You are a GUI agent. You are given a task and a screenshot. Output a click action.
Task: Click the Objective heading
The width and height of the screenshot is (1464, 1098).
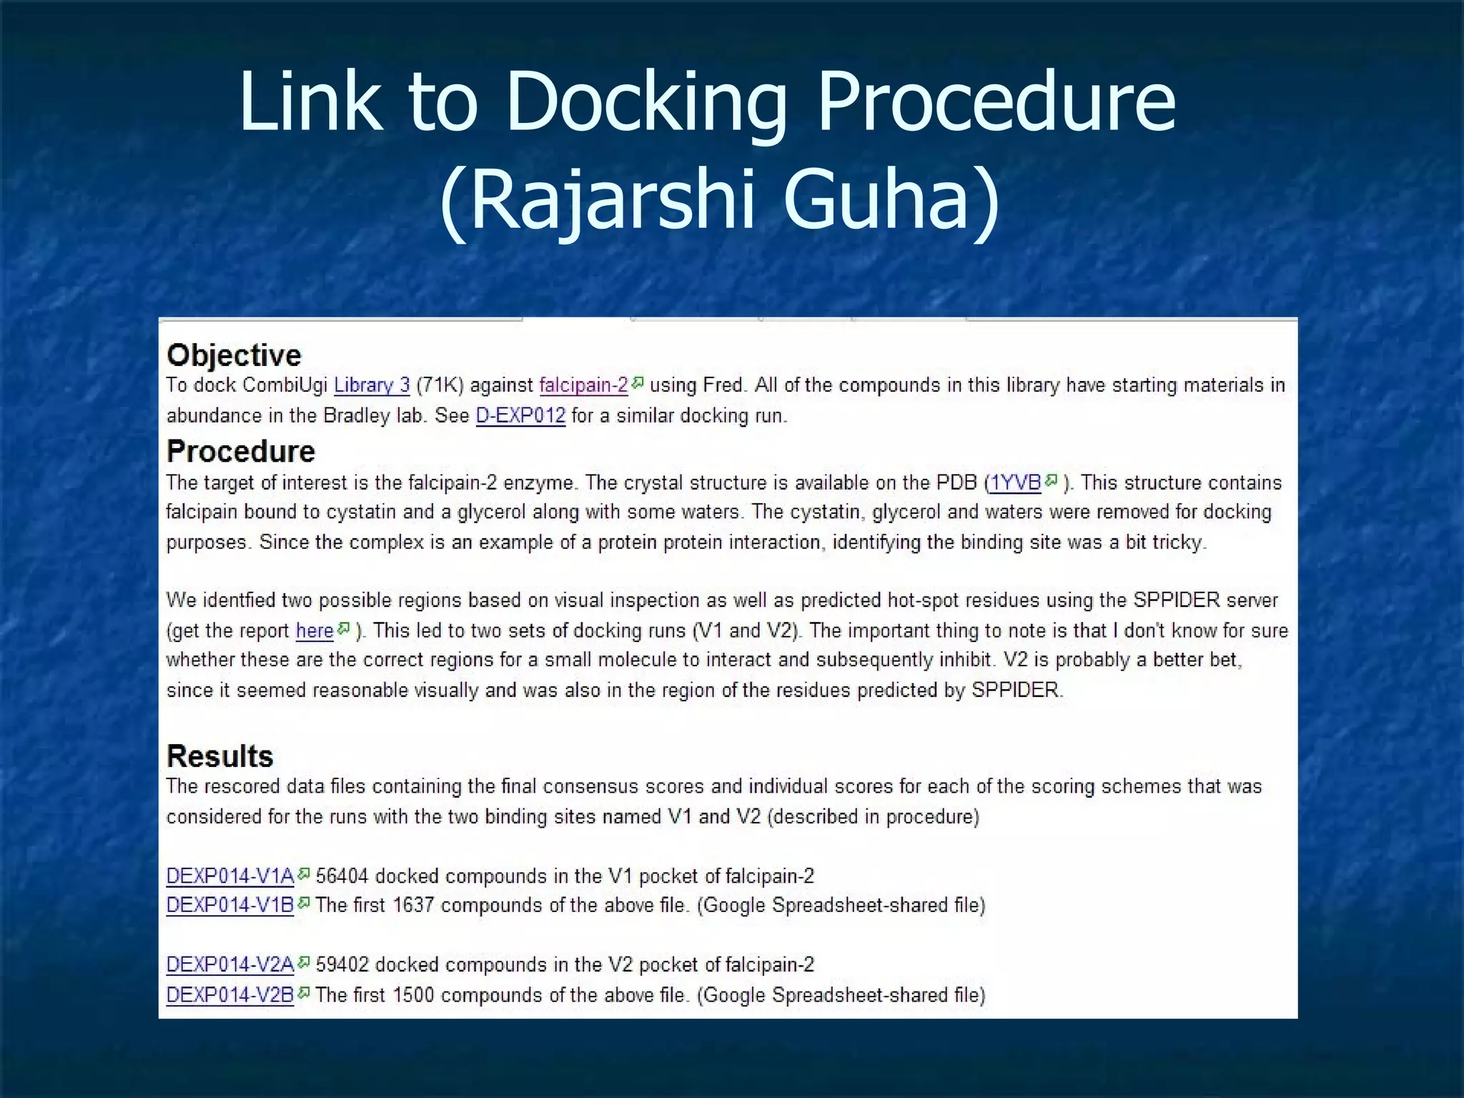tap(234, 355)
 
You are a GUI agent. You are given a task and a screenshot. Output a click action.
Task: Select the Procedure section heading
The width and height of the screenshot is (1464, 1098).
tap(241, 451)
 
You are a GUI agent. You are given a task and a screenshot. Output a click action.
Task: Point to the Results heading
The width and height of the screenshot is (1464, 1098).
tap(220, 756)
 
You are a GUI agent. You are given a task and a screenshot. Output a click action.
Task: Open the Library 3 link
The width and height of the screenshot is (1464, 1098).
tap(372, 385)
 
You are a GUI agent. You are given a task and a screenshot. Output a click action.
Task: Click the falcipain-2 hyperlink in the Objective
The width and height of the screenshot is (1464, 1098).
tap(583, 385)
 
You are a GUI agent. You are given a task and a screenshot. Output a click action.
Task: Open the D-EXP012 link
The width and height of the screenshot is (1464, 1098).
tap(520, 415)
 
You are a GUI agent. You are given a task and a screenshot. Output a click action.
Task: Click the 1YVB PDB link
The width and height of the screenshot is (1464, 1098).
tap(1014, 483)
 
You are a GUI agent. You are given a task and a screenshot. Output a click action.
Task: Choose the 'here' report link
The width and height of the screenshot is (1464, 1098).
tap(315, 630)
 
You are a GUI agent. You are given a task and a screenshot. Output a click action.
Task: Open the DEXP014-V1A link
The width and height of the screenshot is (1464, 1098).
tap(230, 876)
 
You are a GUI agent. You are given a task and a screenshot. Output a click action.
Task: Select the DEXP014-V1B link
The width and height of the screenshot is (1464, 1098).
tap(230, 905)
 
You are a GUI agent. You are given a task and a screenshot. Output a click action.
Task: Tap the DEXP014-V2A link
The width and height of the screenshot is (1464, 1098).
tap(230, 964)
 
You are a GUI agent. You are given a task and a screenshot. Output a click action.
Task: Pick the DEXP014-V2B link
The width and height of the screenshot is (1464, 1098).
tap(230, 994)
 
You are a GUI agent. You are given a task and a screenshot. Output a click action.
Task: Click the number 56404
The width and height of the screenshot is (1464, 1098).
tap(342, 876)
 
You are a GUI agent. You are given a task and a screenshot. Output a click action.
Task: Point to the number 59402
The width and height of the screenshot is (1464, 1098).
tap(342, 964)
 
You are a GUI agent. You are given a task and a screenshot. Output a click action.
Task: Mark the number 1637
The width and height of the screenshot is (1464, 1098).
tap(413, 905)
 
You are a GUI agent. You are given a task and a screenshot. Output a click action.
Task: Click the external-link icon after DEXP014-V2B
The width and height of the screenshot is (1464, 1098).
tap(304, 992)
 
